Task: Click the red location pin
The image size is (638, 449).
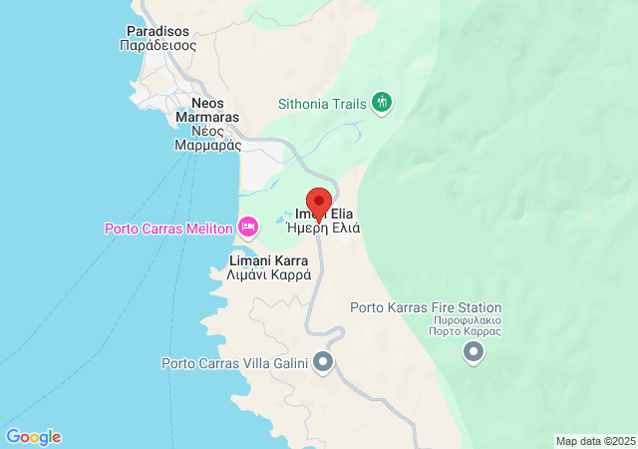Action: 318,202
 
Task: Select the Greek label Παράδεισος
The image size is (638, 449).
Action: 158,45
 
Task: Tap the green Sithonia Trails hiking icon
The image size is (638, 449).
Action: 381,102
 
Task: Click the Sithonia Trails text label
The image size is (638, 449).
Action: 321,102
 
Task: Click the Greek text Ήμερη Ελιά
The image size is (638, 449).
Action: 323,227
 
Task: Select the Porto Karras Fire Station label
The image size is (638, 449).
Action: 426,308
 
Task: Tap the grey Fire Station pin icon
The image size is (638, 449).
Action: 474,352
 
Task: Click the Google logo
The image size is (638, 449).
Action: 33,437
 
